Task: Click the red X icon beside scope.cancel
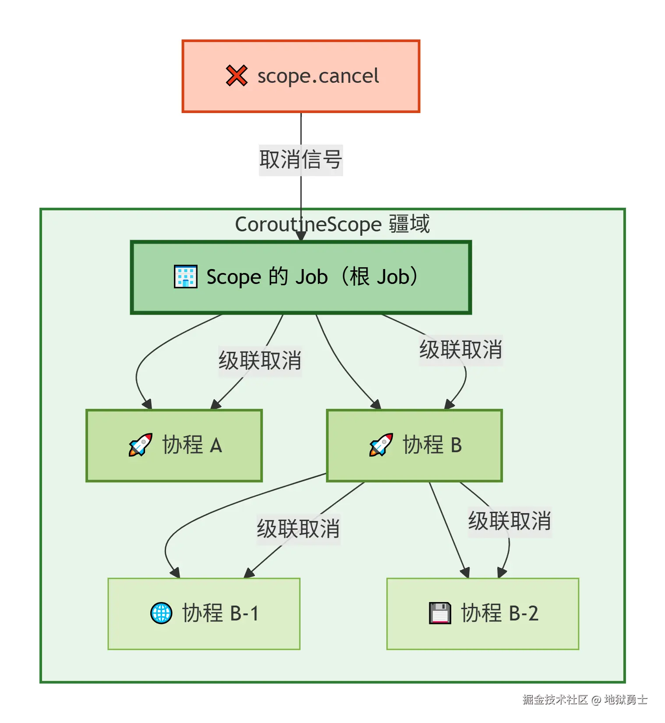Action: tap(237, 76)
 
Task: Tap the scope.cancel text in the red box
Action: tap(318, 76)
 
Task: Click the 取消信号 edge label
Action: tap(301, 160)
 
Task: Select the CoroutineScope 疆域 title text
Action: tap(332, 224)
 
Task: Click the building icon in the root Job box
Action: tap(185, 276)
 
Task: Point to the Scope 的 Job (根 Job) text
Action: tap(312, 276)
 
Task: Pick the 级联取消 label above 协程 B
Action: tap(460, 350)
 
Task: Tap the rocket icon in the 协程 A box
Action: tap(140, 445)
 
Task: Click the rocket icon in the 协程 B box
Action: tap(381, 445)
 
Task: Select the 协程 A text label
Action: tap(192, 445)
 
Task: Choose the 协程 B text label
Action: tap(432, 445)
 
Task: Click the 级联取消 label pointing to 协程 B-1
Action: tap(298, 529)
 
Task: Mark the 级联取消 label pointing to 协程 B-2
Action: tap(509, 521)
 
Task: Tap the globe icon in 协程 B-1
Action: tap(161, 613)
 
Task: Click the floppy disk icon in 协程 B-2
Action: tap(439, 613)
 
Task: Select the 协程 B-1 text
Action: tap(220, 613)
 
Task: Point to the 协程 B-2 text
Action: tap(499, 613)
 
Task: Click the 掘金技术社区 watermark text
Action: tap(555, 699)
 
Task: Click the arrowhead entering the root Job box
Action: tap(301, 236)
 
